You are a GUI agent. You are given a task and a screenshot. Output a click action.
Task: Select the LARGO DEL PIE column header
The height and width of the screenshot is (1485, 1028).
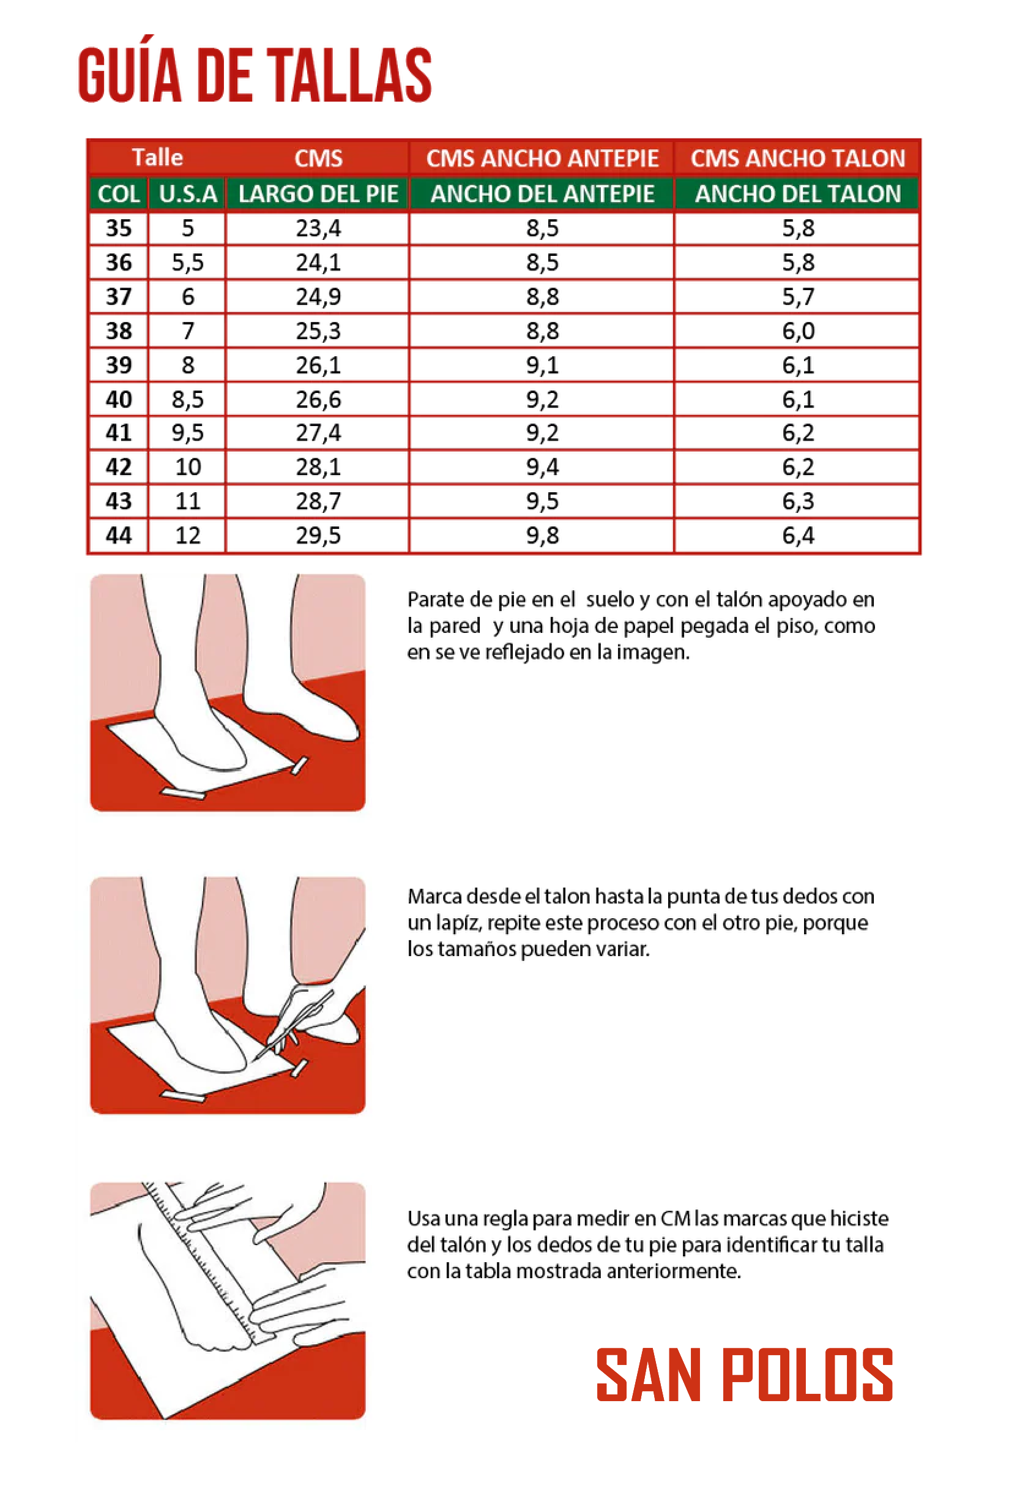pos(318,194)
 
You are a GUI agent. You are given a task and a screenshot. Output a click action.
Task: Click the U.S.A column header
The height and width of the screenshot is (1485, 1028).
pos(187,194)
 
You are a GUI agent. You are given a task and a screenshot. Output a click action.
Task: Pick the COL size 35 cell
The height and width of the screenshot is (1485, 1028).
pos(119,228)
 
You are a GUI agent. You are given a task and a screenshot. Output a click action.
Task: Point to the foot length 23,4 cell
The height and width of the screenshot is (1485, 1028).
pos(318,228)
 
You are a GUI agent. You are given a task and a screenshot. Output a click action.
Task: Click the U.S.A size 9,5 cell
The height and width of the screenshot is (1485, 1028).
pos(187,432)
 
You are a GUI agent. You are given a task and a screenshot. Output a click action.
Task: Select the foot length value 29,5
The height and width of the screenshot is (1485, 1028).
pos(318,535)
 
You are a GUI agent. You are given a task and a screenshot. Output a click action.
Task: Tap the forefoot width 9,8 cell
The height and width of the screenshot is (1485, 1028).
pos(542,535)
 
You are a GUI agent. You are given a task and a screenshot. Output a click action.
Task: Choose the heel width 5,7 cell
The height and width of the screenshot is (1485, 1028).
pos(798,296)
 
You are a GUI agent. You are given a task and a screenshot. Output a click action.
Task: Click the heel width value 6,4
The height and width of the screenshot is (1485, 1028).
pos(798,535)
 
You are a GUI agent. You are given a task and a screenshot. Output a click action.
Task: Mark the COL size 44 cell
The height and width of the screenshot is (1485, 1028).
pos(119,535)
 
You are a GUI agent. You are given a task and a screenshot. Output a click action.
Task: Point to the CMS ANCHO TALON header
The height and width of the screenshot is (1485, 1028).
pos(798,159)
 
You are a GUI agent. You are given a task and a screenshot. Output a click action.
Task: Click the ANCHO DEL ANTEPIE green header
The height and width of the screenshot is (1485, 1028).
pos(542,194)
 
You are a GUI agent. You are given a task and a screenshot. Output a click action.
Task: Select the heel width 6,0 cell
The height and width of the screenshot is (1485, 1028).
pos(798,331)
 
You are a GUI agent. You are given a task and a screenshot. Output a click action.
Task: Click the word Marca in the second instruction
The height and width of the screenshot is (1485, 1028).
pos(436,896)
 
